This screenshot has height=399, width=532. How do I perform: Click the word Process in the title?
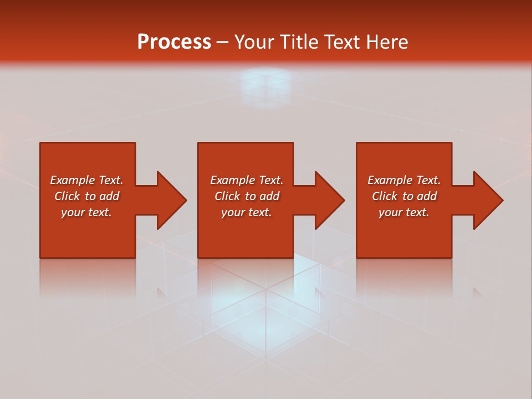(x=174, y=42)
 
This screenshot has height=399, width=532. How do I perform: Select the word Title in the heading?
(x=299, y=42)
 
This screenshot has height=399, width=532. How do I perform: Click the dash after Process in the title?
(x=223, y=43)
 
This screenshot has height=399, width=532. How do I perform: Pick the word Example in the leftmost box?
(x=72, y=180)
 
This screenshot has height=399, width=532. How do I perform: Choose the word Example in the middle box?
(x=232, y=180)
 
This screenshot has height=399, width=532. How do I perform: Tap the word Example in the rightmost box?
(x=390, y=180)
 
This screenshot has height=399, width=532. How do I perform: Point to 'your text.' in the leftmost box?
(x=86, y=212)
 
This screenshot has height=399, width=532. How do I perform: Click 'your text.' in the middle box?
(x=247, y=212)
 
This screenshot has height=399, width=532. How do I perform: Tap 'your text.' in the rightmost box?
(x=404, y=212)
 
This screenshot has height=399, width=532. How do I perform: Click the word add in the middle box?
(x=269, y=196)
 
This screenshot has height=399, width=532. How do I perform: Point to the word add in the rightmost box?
(x=426, y=196)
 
